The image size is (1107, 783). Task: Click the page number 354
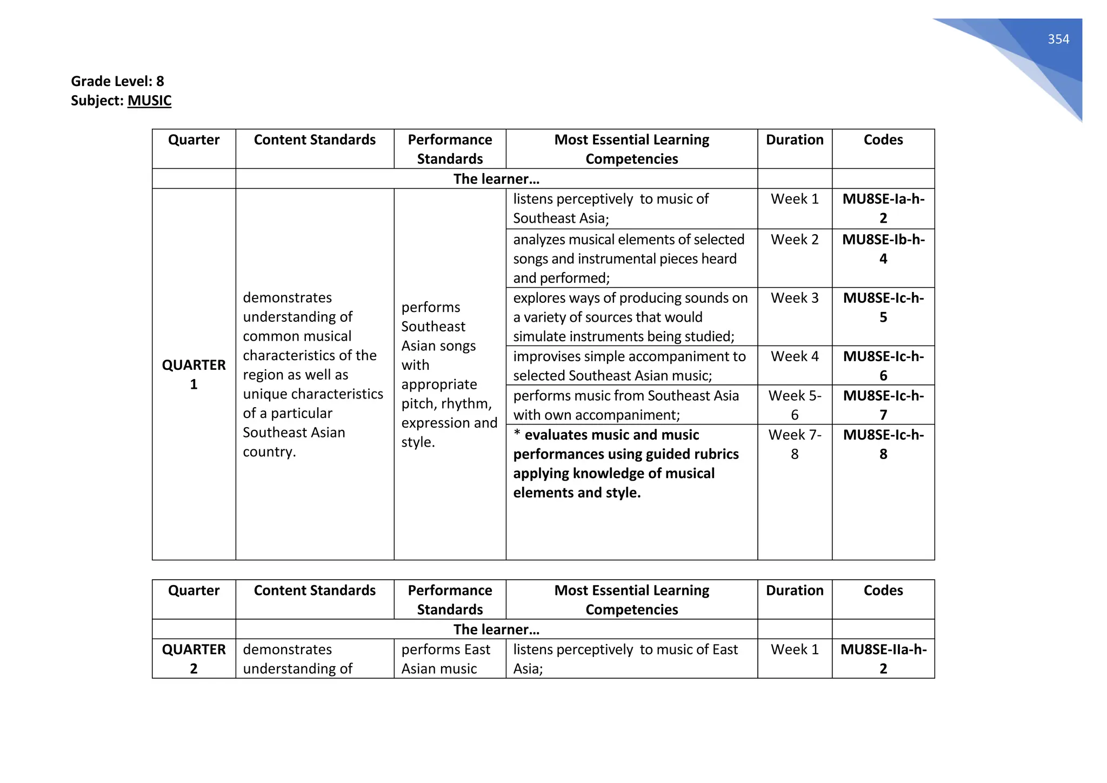(1058, 39)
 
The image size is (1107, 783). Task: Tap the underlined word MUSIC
(149, 101)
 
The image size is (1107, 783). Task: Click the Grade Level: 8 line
(117, 81)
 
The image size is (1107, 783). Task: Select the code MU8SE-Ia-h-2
(883, 208)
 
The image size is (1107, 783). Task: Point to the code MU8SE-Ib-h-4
(883, 249)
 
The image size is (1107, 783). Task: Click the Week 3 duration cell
(794, 298)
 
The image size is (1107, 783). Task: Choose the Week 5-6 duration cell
(794, 405)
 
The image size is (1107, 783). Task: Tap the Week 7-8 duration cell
(794, 444)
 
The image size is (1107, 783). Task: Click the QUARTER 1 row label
(194, 374)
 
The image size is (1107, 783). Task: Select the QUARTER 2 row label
(194, 659)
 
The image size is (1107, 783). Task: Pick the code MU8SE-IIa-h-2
(883, 659)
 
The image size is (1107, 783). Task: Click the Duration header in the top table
(794, 140)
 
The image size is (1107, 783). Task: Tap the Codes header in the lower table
(883, 590)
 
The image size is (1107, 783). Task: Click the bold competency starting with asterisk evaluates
(625, 463)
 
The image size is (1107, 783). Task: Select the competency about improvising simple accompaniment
(629, 366)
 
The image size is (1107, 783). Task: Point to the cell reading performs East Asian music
(445, 659)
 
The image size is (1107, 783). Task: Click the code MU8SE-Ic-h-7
(883, 405)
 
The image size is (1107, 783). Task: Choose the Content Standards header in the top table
(315, 140)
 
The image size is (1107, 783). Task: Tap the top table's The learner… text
(496, 179)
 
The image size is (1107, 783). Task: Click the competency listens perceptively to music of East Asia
(625, 659)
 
